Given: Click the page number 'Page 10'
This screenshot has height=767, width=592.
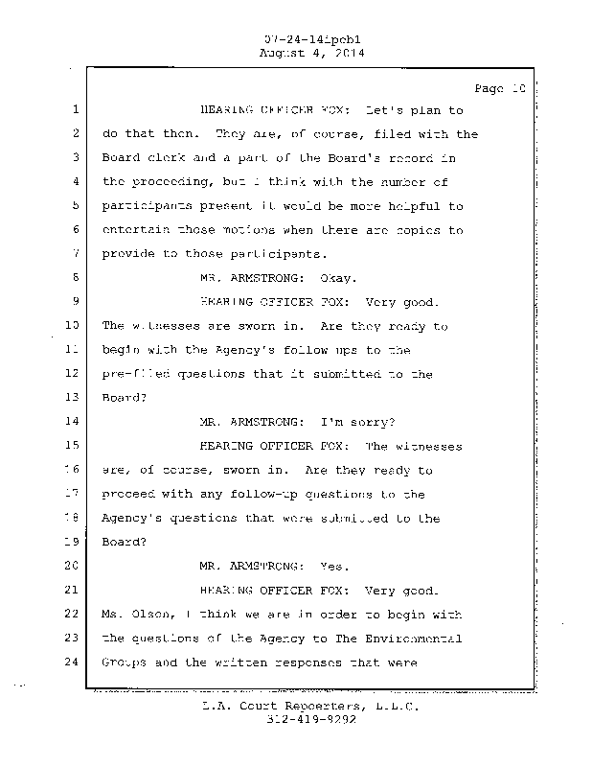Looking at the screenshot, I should [x=500, y=88].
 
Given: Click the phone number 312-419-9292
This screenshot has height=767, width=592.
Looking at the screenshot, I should [x=301, y=721].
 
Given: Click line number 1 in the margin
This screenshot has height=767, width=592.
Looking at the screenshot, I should [x=75, y=110].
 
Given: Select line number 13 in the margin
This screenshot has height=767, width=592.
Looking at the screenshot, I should [x=72, y=398].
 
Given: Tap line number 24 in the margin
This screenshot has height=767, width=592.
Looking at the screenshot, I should [x=72, y=662].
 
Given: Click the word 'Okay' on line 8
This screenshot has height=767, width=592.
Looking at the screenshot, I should [x=337, y=278].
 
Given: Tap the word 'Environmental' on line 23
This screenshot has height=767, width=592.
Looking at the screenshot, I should [x=414, y=639].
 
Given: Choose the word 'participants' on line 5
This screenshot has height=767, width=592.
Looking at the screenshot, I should [x=144, y=206].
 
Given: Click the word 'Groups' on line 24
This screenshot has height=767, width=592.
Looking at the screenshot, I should [x=124, y=662].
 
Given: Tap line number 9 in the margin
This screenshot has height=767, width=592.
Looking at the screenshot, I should [x=75, y=302].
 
